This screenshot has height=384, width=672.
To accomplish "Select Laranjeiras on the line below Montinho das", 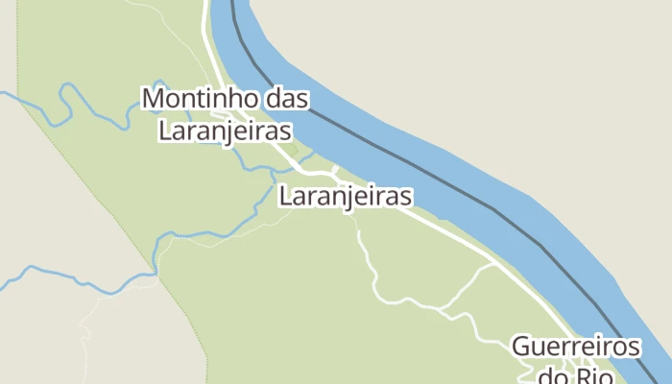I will (225, 132).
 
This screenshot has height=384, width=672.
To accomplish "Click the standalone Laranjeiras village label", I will (346, 197).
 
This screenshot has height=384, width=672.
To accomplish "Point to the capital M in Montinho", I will (154, 98).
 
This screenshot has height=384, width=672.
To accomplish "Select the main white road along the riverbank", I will (451, 230).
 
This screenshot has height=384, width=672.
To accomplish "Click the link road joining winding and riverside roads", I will (470, 283).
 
